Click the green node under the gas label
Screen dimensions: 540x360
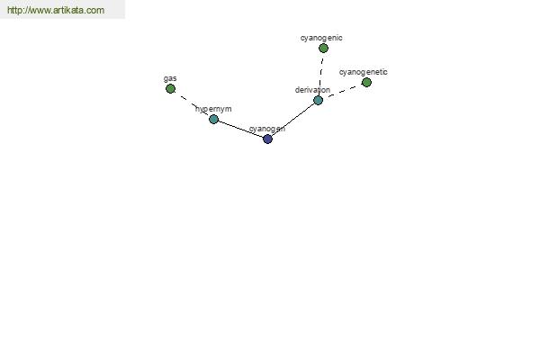click(170, 89)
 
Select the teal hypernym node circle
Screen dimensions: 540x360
click(213, 119)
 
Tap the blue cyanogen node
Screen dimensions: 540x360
click(267, 139)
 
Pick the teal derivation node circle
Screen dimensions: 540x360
click(319, 100)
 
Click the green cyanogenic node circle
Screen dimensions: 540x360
click(323, 49)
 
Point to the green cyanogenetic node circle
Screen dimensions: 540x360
click(367, 82)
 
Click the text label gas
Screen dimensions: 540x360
click(170, 79)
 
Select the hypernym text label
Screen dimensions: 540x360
click(213, 109)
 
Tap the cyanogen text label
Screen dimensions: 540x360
click(267, 130)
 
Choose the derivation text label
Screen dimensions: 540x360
click(312, 90)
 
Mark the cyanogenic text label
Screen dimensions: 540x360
click(321, 38)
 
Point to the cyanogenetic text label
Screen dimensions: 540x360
click(364, 72)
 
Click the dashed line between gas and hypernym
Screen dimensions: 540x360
click(192, 104)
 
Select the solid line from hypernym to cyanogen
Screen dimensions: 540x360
click(240, 130)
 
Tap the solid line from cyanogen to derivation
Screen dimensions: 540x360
click(292, 120)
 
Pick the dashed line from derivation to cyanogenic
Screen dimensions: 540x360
click(321, 74)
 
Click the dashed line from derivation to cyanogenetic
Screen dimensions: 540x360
click(342, 91)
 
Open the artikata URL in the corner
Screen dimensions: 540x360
click(56, 10)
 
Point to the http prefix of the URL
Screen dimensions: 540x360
click(14, 10)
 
